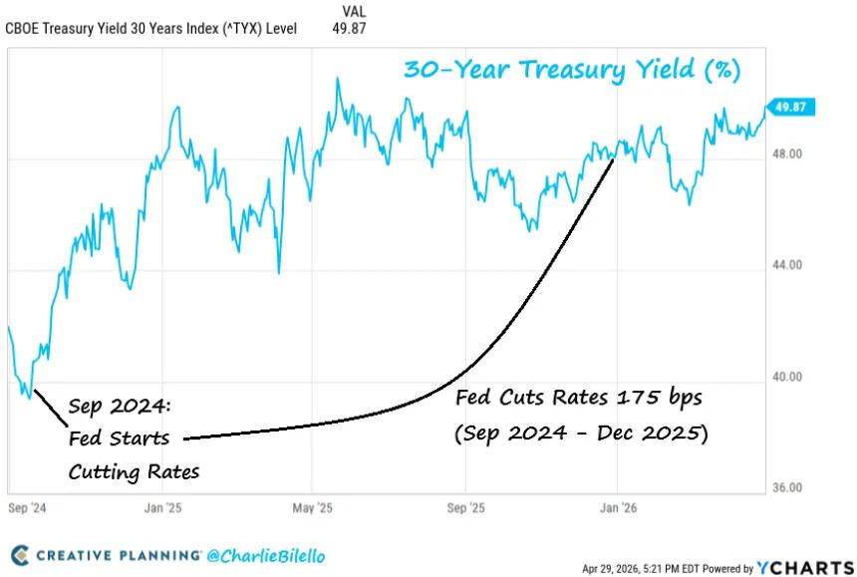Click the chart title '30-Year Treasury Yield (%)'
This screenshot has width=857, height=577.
coord(571,71)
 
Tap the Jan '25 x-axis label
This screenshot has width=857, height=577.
coord(161,506)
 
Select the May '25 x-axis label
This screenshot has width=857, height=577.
coord(313,506)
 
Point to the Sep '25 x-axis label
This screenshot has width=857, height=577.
coord(464,506)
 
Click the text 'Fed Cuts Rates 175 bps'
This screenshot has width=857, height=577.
coord(579,398)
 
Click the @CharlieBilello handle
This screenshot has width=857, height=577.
coord(266,554)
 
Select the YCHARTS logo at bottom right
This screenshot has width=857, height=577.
coord(805,568)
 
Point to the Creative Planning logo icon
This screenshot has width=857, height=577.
coord(19,554)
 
